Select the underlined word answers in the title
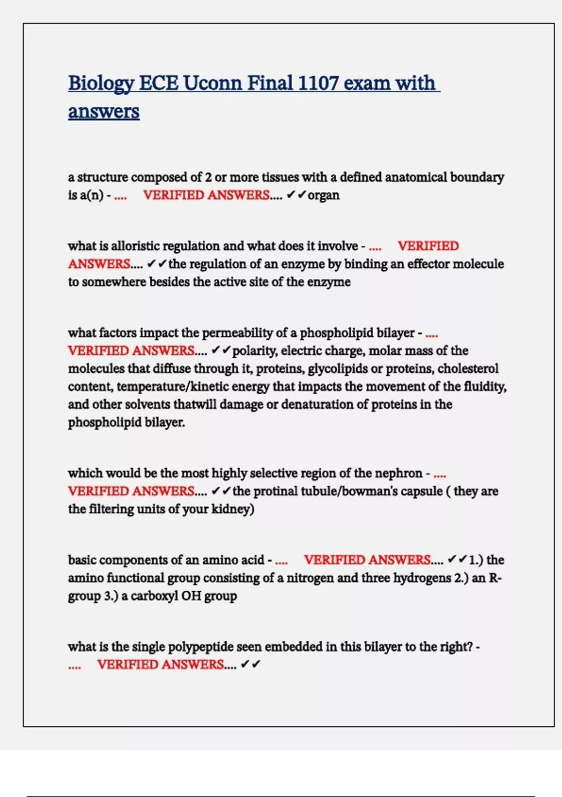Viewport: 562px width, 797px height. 104,112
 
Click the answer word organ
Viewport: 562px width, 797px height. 324,195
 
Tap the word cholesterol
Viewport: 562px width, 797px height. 468,368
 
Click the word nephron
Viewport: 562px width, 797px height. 399,473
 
